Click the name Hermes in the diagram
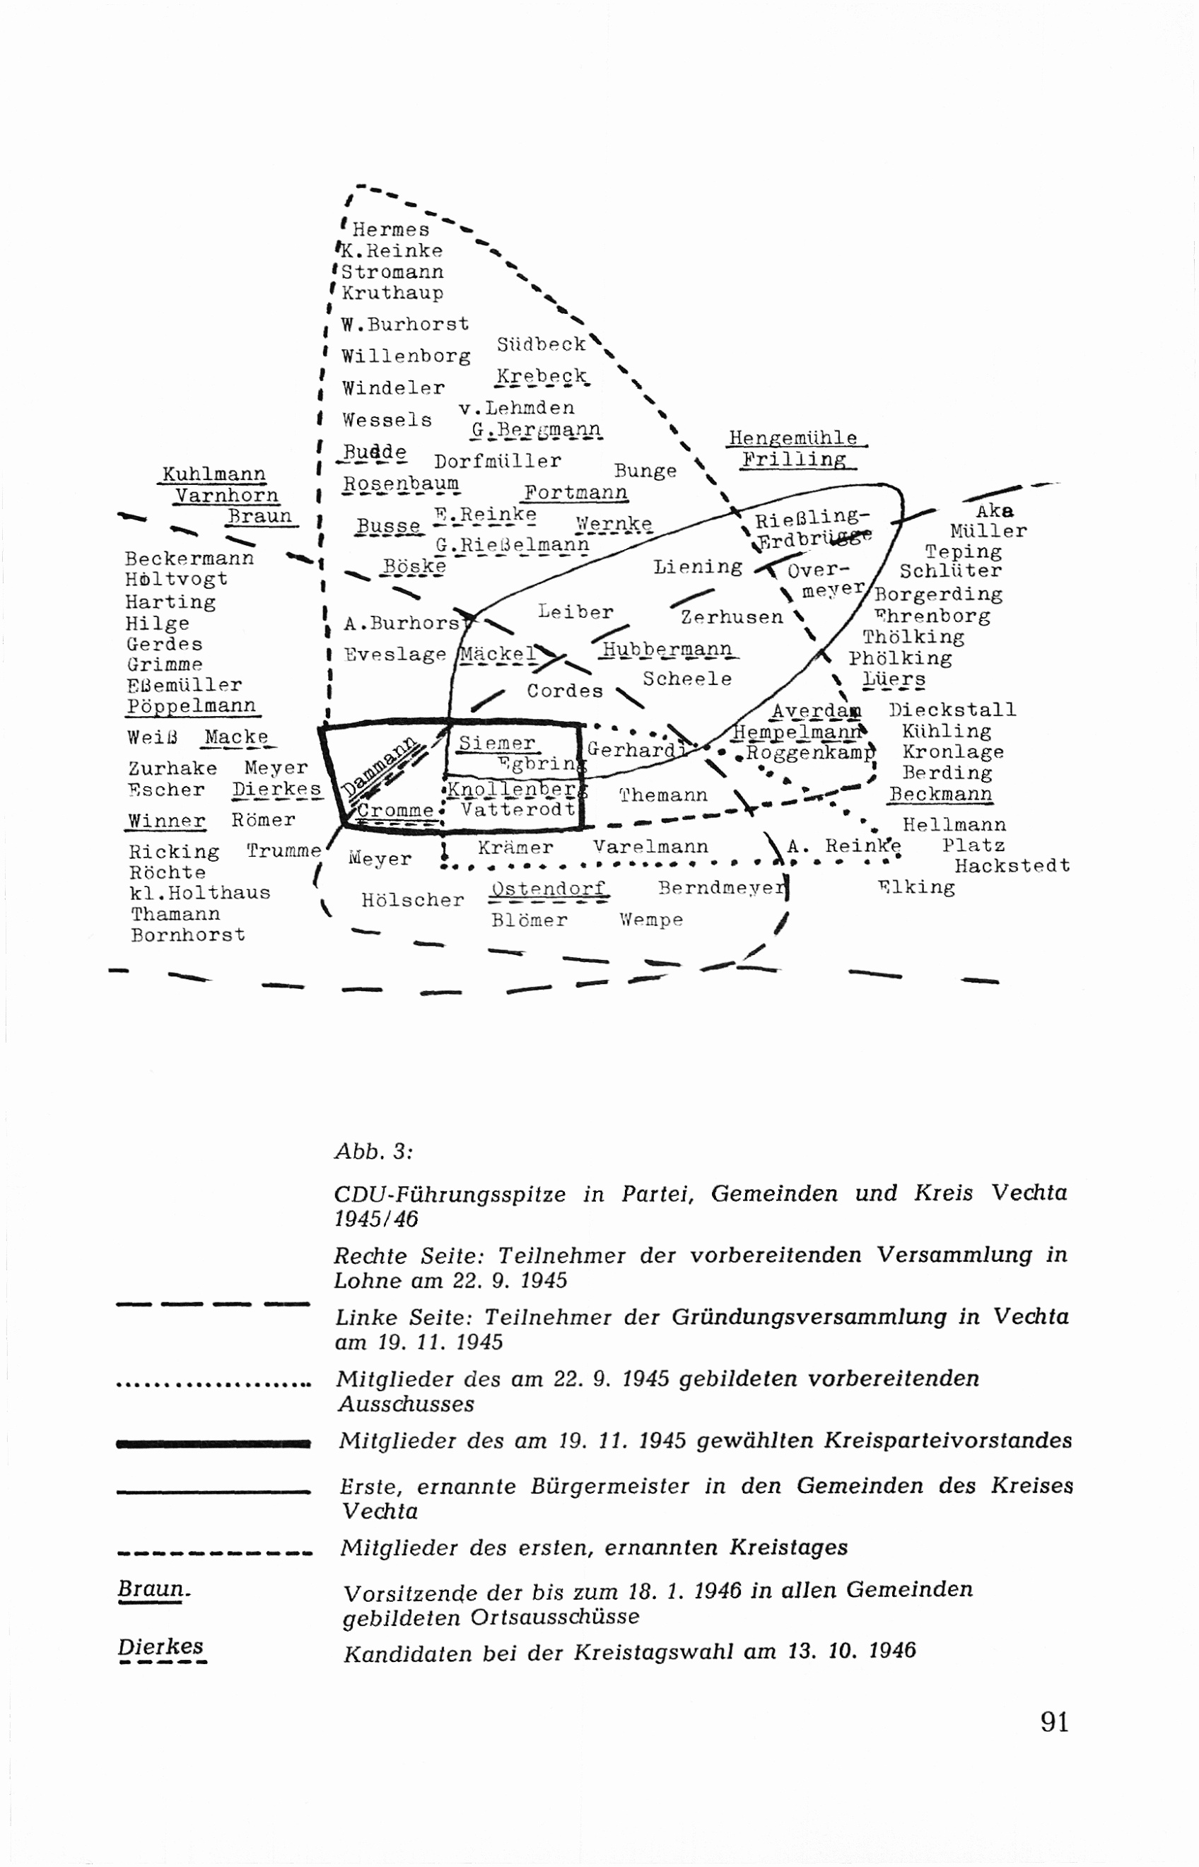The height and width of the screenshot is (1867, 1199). pos(391,230)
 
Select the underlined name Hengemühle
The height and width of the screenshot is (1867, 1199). pos(792,438)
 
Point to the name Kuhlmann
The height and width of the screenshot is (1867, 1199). pos(214,474)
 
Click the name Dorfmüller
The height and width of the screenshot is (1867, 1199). pos(498,461)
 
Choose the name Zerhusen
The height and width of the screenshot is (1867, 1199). pos(732,617)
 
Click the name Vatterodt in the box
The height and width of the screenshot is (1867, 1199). pos(517,809)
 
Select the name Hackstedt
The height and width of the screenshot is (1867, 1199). pos(1012,866)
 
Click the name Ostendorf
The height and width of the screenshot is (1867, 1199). pos(548,889)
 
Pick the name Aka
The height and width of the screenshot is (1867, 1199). pos(995,512)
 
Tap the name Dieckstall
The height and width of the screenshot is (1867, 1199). pos(952,710)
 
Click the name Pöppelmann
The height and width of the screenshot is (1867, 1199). pos(192,706)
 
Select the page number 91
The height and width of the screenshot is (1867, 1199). pos(1054,1721)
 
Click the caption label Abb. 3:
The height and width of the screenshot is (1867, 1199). pos(374,1152)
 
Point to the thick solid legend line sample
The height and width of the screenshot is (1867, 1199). pos(213,1444)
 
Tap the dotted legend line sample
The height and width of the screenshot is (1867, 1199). pos(213,1385)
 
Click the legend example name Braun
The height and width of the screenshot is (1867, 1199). pos(153,1588)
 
